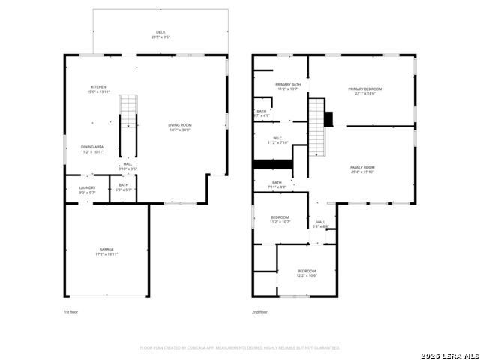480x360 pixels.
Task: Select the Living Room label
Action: coord(179,127)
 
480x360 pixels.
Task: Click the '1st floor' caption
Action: coord(70,311)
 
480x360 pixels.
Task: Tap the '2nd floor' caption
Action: coord(260,311)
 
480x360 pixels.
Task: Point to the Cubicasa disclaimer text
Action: coord(240,347)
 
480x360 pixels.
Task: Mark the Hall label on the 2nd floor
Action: coord(320,224)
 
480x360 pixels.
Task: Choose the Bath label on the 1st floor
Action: coord(123,187)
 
